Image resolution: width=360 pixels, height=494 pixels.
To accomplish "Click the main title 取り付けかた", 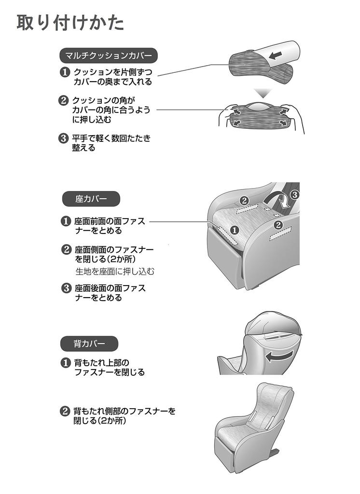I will [x=70, y=23].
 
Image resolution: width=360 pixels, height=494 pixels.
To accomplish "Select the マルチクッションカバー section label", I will [x=108, y=55].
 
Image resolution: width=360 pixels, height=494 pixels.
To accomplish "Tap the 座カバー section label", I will [x=91, y=198].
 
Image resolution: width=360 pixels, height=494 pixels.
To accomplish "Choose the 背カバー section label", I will [x=89, y=343].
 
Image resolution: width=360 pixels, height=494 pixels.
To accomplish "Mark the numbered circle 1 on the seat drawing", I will [x=234, y=230].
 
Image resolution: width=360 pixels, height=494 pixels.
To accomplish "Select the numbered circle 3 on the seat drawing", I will [x=295, y=195].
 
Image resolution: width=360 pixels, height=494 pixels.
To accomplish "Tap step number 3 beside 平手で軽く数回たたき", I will [x=64, y=138].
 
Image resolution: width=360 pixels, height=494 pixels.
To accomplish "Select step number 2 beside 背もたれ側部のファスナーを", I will [x=64, y=412].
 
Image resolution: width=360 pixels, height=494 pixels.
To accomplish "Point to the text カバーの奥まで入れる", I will [x=112, y=82].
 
